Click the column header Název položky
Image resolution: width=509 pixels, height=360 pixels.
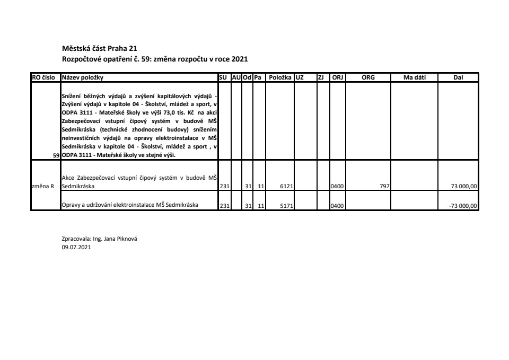pos(83,77)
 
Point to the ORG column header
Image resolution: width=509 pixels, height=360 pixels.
pos(368,77)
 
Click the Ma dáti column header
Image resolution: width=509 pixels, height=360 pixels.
pos(414,77)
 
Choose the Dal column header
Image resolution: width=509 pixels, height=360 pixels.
pos(458,77)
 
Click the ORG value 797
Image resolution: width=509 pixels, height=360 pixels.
pos(385,187)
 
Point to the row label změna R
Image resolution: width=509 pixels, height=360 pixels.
pos(45,187)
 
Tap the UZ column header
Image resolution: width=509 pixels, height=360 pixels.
pos(300,77)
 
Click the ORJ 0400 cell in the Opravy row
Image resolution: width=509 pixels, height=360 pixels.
pos(337,206)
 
